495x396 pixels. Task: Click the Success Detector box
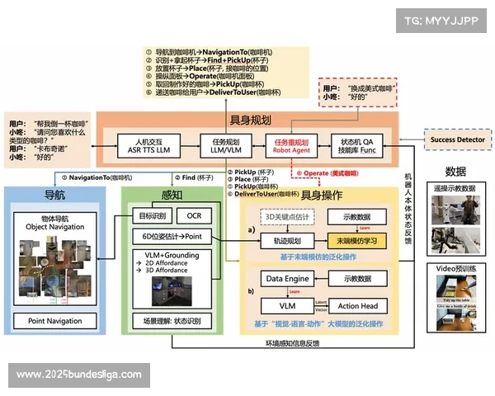456,140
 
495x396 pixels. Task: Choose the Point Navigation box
55,321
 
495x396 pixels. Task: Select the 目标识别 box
150,216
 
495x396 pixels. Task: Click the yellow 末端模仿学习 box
356,240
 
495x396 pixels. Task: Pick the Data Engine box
286,280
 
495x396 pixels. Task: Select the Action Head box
357,306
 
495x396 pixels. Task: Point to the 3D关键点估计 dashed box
286,216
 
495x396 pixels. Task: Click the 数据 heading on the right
455,172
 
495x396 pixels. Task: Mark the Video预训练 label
455,269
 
